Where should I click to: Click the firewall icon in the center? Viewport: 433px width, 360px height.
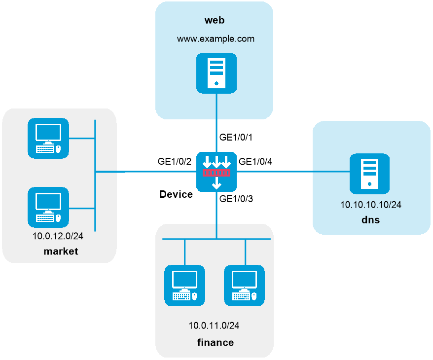point(216,172)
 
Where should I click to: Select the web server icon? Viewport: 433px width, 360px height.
point(216,73)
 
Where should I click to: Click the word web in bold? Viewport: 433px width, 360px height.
point(215,20)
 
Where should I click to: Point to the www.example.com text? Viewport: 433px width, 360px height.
point(216,38)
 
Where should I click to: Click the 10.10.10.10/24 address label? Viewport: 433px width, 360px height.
point(371,205)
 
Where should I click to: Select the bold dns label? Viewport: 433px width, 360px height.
point(370,220)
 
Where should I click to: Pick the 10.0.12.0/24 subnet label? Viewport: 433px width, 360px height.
point(58,236)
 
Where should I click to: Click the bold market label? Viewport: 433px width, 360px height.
point(61,252)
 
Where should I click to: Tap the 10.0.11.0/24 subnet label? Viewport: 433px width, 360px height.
point(214,325)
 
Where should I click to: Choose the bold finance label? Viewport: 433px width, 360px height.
point(215,342)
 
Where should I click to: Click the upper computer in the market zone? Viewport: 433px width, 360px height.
point(48,138)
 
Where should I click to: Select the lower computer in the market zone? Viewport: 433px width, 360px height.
point(48,207)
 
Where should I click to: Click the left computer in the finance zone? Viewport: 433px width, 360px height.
point(184,286)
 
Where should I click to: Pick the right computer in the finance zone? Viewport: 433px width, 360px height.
point(244,286)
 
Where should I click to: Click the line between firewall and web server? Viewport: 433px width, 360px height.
point(216,123)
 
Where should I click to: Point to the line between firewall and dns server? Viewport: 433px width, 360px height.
point(293,172)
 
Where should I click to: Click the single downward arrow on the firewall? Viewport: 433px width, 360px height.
point(216,184)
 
